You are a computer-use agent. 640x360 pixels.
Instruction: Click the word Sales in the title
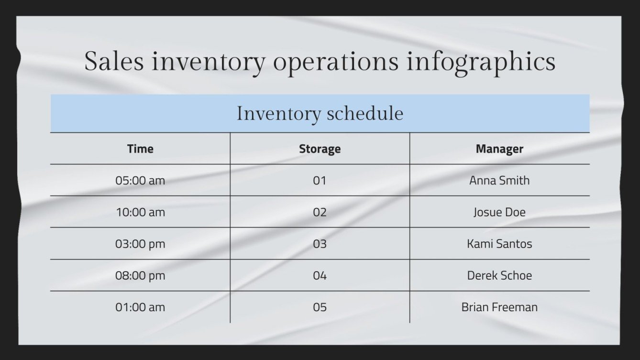114,62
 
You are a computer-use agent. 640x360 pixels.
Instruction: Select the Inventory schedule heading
320,114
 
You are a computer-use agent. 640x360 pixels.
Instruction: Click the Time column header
140,149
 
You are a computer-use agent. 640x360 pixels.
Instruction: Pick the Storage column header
320,149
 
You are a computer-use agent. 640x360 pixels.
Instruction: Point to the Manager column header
499,149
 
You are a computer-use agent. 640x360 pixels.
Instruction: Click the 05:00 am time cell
140,180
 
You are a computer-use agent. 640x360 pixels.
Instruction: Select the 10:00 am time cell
140,212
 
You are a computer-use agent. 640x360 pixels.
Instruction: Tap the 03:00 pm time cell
140,244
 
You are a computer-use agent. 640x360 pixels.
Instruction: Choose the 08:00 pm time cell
140,275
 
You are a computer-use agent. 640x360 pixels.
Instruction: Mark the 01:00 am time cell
140,307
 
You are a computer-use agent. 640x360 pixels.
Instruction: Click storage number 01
320,180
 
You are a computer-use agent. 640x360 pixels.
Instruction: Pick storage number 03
320,244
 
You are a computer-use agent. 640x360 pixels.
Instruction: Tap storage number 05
320,307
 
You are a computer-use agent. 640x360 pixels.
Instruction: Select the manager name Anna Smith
499,180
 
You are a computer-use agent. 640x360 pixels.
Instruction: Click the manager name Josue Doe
499,212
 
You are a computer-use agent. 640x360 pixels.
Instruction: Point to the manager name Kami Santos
499,244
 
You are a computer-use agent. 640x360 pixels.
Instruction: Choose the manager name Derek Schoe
499,275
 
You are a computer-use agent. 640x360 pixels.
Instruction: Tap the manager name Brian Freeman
499,307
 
